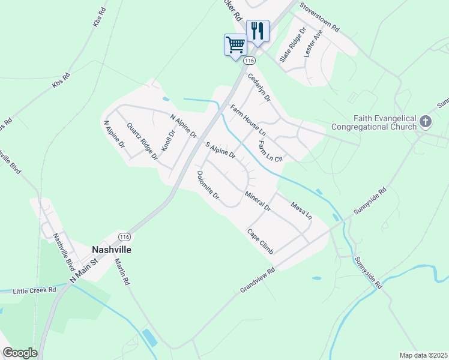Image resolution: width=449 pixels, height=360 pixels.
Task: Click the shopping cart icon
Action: (235, 44)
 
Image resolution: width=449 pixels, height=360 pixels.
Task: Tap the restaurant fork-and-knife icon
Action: (258, 30)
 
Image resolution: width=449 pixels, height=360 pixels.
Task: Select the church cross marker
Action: (426, 122)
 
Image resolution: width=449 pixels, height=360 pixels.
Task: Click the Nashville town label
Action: (111, 249)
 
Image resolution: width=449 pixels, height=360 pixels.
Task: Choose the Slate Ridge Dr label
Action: (292, 45)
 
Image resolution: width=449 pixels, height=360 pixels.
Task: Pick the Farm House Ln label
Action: (248, 119)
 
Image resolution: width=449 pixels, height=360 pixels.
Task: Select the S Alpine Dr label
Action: (220, 151)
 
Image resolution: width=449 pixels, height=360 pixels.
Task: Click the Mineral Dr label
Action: (258, 202)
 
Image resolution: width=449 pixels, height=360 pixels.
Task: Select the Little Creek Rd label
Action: (36, 290)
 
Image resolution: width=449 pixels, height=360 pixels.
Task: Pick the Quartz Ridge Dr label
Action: (142, 141)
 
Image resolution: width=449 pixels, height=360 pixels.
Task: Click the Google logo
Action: (20, 353)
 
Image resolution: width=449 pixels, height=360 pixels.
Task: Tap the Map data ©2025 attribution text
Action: (423, 355)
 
